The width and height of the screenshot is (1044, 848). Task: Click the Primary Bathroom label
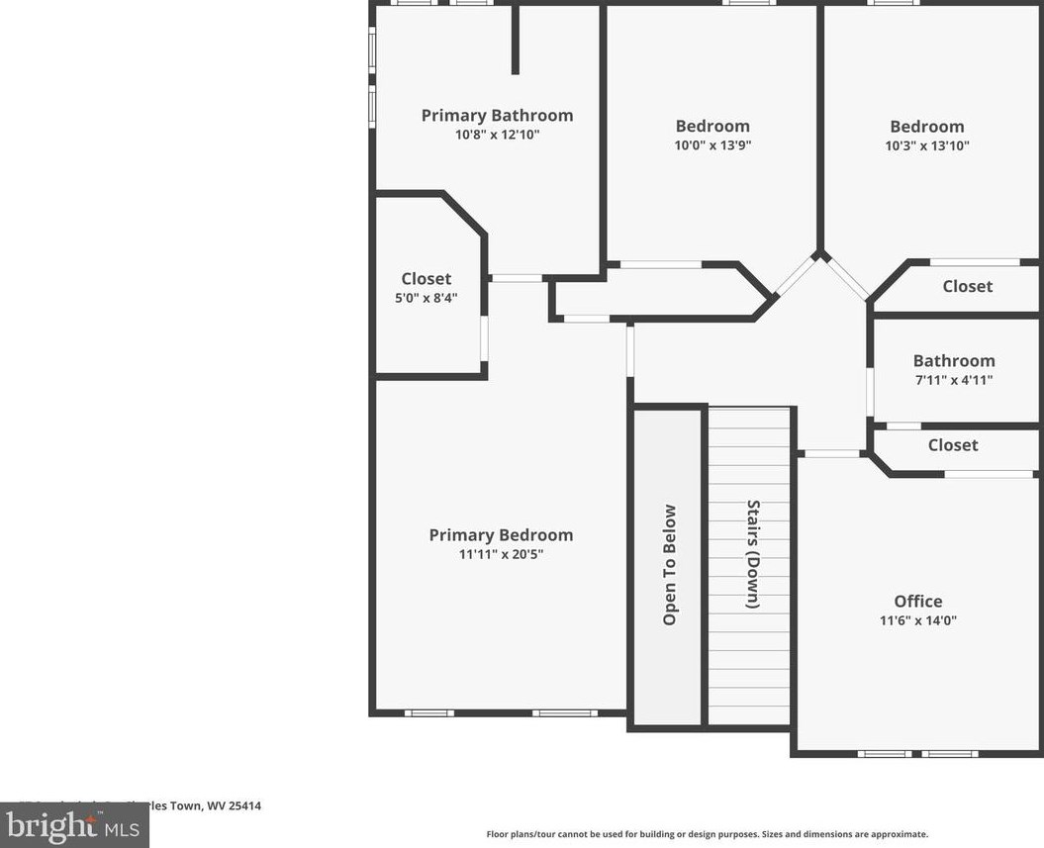click(497, 116)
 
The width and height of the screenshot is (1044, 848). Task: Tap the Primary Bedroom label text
click(501, 535)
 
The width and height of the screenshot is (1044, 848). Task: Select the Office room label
click(918, 602)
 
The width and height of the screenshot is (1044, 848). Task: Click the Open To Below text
click(670, 565)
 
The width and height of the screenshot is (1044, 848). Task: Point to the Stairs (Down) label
click(753, 554)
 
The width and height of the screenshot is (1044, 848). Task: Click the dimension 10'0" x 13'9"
click(712, 145)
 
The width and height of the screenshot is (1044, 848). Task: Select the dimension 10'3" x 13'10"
click(927, 145)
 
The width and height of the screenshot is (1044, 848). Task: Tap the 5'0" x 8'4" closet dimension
click(426, 298)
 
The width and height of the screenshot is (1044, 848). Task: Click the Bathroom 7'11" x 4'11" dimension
click(954, 380)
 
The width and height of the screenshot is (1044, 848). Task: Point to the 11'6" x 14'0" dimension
click(918, 621)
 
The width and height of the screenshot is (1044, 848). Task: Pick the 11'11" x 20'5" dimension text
click(501, 555)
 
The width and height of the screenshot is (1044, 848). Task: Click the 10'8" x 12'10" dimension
click(497, 135)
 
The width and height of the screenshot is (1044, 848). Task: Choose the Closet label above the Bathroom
click(967, 286)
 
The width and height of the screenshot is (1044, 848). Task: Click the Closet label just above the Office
click(953, 445)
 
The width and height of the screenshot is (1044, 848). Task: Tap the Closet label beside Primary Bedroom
click(426, 279)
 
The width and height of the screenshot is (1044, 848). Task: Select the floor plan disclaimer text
click(707, 834)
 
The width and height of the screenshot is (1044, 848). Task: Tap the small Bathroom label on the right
click(954, 361)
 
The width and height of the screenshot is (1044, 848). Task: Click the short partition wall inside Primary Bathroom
click(516, 40)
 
